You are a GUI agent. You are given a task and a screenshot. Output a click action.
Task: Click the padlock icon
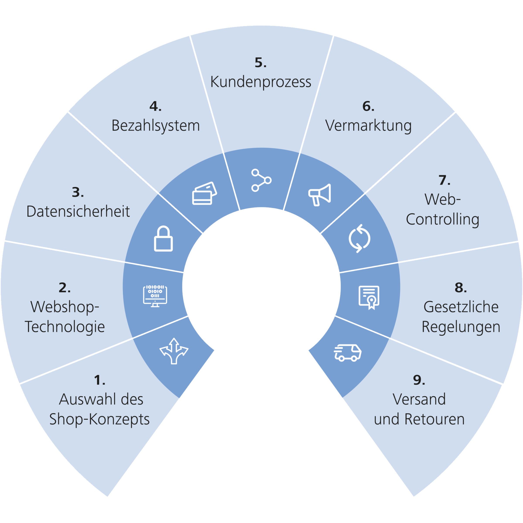pos(163,239)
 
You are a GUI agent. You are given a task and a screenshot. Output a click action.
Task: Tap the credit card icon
pos(204,194)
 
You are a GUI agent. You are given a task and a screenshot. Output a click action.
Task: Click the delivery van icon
pos(348,353)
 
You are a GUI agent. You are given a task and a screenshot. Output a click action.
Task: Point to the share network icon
pos(261,180)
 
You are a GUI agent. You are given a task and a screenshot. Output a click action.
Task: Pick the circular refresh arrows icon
pos(359,238)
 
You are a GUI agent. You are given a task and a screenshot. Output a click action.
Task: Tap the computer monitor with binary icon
pos(155,296)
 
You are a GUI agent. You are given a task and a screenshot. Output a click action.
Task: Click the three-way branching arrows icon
pos(174,351)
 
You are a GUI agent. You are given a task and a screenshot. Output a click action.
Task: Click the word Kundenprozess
pos(261,82)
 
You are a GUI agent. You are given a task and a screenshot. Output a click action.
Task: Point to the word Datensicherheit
pos(78,211)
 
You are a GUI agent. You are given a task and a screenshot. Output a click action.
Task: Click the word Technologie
pos(65,327)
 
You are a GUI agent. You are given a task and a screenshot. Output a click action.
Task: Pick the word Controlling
pos(443,219)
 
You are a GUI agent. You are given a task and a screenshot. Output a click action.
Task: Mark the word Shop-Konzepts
pos(99,419)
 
